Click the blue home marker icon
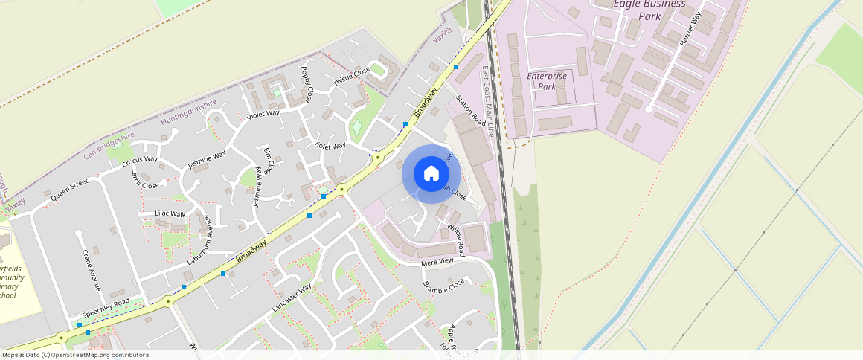[x=431, y=174]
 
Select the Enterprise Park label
[x=547, y=81]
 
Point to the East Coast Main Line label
[x=487, y=101]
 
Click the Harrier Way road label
[x=690, y=30]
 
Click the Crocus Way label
[x=140, y=160]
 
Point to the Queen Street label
[x=69, y=190]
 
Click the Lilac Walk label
[x=170, y=214]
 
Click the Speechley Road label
[x=106, y=308]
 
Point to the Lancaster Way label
[x=292, y=298]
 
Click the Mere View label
[x=437, y=262]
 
